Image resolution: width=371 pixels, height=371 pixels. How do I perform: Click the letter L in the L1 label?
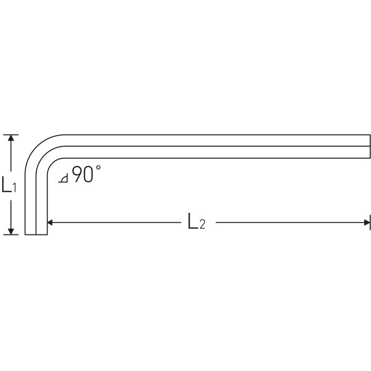point(7,184)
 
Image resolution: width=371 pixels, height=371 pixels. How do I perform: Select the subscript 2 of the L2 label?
point(203,225)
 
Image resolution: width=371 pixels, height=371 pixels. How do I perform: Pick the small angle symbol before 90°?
point(63,179)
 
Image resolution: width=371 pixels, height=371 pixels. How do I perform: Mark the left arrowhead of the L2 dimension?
point(52,223)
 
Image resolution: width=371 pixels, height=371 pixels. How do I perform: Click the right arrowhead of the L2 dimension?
point(366,223)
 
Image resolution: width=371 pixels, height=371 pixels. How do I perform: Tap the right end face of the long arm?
point(370,146)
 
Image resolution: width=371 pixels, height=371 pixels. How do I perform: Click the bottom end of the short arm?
point(36,234)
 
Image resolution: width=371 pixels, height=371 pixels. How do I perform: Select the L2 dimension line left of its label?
point(119,223)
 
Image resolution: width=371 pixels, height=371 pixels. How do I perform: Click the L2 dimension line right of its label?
point(289,223)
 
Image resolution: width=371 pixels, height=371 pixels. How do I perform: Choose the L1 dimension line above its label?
point(11,157)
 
